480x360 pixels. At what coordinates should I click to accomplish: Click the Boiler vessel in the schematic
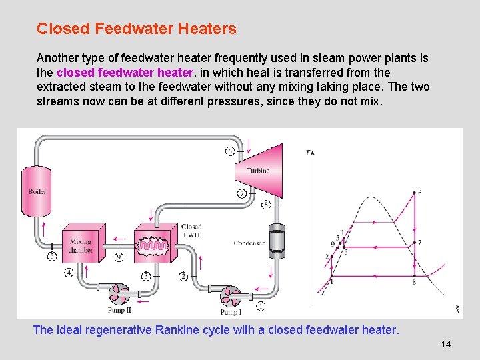37,191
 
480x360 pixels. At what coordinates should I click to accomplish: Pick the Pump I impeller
233,295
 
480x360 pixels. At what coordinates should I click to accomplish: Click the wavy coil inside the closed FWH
153,246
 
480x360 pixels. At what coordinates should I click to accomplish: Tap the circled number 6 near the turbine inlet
230,151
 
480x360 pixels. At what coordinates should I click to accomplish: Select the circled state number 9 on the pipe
119,256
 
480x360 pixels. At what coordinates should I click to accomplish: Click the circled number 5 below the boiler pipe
52,255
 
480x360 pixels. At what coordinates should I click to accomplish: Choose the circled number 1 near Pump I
260,306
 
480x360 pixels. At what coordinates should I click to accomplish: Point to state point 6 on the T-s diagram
414,193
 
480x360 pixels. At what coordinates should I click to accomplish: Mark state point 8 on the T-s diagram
414,276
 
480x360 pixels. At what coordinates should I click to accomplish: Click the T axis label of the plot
308,152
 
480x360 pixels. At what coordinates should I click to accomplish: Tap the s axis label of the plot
458,309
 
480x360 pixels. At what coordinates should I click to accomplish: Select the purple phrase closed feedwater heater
125,72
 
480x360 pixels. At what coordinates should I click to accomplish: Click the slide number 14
446,344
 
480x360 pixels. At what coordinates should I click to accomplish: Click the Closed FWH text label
191,231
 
